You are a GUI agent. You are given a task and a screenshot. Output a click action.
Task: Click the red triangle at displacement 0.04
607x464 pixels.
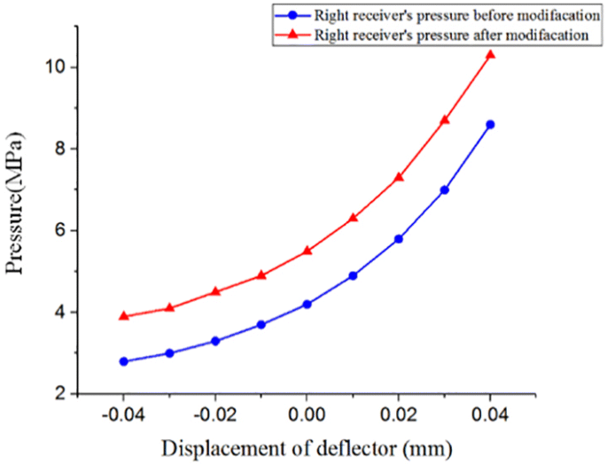coord(490,55)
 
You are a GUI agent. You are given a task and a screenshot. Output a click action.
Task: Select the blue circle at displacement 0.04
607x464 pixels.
coord(490,124)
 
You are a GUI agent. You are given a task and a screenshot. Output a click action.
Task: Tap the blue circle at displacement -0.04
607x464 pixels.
coord(123,361)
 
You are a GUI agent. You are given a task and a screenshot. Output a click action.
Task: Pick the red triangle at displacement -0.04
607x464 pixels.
coord(123,316)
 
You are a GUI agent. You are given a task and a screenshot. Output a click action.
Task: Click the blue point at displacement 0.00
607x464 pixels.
coord(307,304)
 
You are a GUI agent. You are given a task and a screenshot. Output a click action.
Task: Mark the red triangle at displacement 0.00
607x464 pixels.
coord(307,251)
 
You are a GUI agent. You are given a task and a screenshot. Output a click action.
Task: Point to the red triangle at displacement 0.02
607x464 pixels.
coord(399,177)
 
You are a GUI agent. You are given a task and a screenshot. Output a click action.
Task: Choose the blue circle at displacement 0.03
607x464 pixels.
coord(445,189)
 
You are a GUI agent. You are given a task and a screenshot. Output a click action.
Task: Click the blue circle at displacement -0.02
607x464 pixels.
coord(215,341)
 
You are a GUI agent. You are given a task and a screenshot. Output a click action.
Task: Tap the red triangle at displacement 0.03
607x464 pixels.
coord(445,120)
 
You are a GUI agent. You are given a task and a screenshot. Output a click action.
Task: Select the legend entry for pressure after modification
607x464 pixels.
coord(443,35)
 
